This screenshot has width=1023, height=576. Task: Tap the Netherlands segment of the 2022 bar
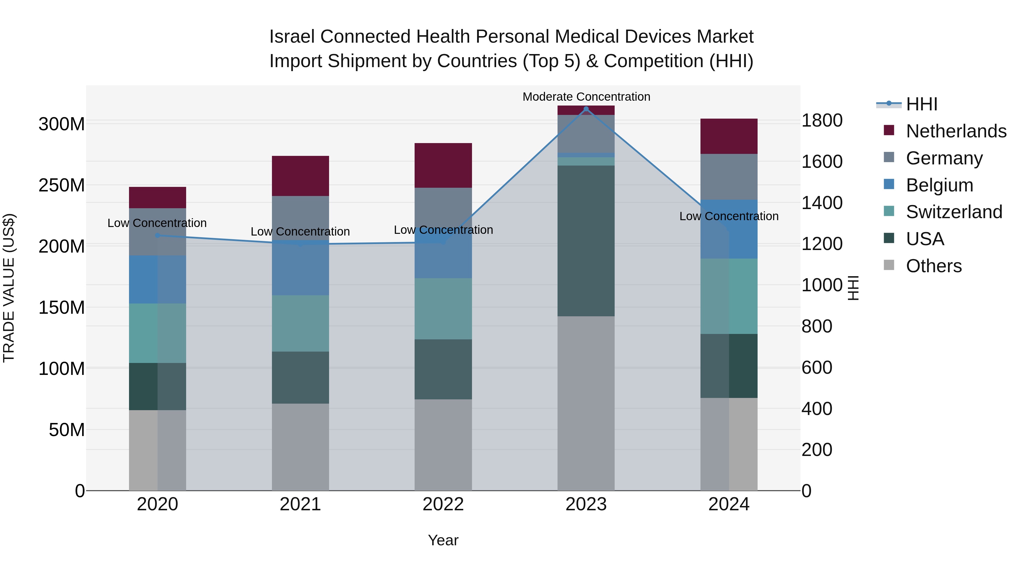[443, 165]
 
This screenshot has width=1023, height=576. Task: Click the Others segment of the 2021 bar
[300, 447]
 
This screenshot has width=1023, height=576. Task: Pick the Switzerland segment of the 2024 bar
[729, 296]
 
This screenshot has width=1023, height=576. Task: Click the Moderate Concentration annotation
[586, 97]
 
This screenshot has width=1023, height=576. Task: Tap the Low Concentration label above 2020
[157, 223]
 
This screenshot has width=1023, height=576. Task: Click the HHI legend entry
[921, 104]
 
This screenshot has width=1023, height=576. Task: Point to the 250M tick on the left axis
[62, 185]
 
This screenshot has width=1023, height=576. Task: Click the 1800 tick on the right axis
[822, 120]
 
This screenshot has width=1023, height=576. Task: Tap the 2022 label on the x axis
[443, 504]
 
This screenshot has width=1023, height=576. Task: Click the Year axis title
[443, 540]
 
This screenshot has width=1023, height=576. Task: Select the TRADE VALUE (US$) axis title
[9, 288]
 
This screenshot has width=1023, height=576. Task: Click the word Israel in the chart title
[292, 37]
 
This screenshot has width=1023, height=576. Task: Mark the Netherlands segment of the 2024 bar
[729, 136]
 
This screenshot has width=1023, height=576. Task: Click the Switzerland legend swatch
[889, 211]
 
